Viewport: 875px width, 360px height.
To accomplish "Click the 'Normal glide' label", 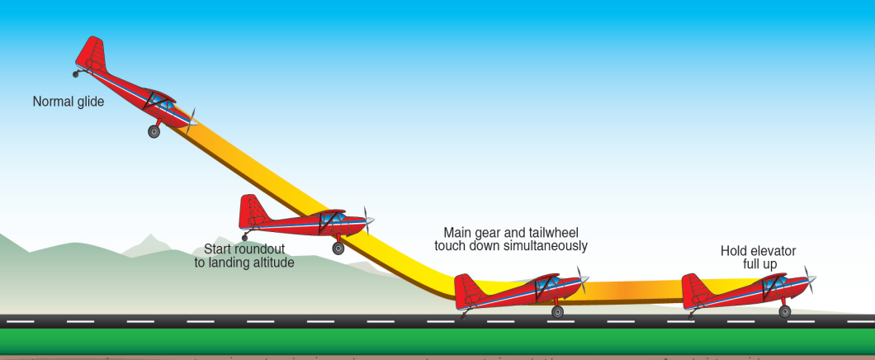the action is pyautogui.click(x=69, y=102).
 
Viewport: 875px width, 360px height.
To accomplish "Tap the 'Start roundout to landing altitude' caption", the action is pyautogui.click(x=244, y=256).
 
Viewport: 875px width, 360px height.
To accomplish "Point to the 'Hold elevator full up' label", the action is pyautogui.click(x=758, y=258).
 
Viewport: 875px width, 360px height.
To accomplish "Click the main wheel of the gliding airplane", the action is pyautogui.click(x=154, y=131).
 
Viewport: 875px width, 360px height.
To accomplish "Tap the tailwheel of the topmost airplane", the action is pyautogui.click(x=76, y=74).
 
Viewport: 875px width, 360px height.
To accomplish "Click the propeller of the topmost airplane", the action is pyautogui.click(x=192, y=121).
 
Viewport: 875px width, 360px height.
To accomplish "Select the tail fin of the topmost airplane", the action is pyautogui.click(x=92, y=53).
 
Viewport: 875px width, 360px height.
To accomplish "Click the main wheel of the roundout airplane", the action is pyautogui.click(x=338, y=248).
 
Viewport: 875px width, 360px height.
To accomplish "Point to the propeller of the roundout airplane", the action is pyautogui.click(x=367, y=220).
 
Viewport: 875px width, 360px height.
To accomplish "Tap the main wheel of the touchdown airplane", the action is pyautogui.click(x=557, y=311).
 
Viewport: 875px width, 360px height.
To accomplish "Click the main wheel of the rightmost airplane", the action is pyautogui.click(x=784, y=311).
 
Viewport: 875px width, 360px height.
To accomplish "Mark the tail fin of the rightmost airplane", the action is pyautogui.click(x=694, y=289).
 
